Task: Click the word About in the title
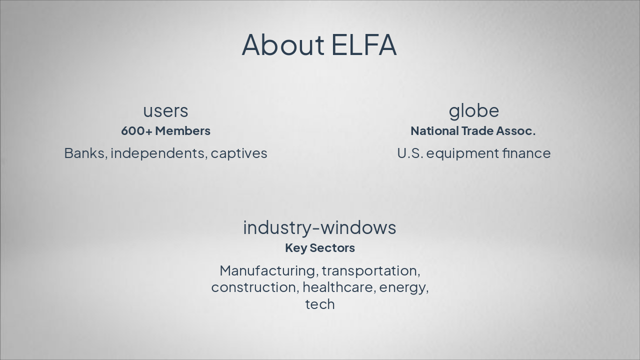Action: click(283, 44)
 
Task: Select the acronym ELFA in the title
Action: click(364, 44)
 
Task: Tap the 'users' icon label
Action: click(165, 110)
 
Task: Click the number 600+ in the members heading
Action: click(136, 131)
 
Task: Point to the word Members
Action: click(182, 131)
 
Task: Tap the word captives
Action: click(239, 153)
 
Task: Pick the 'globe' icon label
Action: click(473, 110)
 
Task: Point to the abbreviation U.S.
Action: click(410, 153)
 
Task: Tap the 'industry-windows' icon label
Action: click(319, 227)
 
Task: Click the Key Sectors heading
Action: click(320, 248)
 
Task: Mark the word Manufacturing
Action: click(267, 270)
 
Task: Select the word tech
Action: click(320, 304)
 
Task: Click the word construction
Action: click(254, 287)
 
